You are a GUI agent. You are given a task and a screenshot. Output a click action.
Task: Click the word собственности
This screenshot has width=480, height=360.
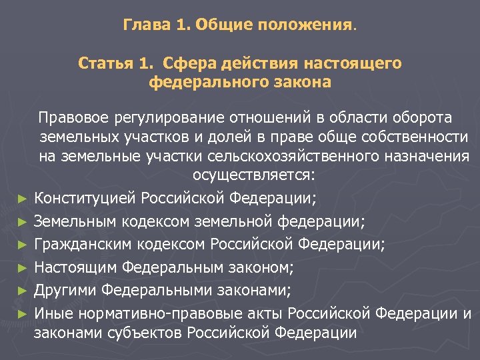point(418,137)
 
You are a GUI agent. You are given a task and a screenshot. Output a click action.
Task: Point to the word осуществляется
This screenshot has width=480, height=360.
point(253,176)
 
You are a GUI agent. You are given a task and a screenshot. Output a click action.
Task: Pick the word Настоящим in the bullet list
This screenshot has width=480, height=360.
point(74,267)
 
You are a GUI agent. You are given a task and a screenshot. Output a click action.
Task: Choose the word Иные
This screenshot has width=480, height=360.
point(54,313)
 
